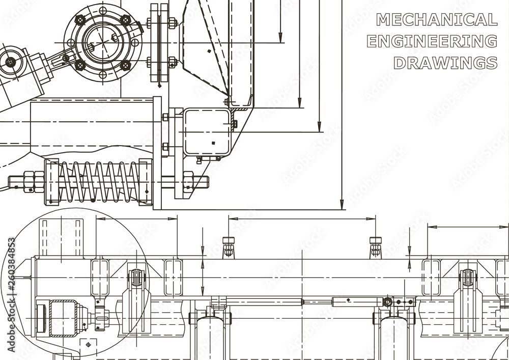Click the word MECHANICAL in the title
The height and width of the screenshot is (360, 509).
click(x=436, y=20)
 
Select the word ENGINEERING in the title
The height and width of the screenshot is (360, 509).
click(x=432, y=41)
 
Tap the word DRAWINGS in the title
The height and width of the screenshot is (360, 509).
click(x=445, y=63)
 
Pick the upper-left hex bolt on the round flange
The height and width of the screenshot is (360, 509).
click(x=80, y=20)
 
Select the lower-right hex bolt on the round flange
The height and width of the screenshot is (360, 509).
click(x=125, y=65)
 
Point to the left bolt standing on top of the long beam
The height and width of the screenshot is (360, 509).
click(x=229, y=246)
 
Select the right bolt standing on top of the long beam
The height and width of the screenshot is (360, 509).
click(x=376, y=246)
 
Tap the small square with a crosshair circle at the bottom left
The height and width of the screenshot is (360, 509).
click(x=88, y=345)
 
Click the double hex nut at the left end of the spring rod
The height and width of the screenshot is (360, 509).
click(x=34, y=182)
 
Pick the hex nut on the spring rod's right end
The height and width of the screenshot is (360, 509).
click(x=188, y=182)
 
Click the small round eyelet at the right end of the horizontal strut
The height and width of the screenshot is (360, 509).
click(x=388, y=302)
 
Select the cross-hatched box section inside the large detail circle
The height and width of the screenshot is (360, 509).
click(x=63, y=319)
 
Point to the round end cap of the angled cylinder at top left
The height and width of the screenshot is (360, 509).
click(x=11, y=62)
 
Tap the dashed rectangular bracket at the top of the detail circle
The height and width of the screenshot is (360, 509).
click(x=62, y=237)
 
